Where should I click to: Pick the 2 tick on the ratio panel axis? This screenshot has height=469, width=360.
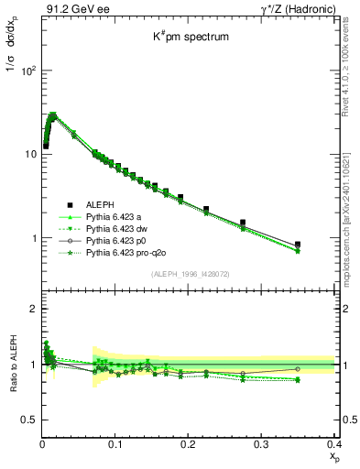[32, 310]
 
